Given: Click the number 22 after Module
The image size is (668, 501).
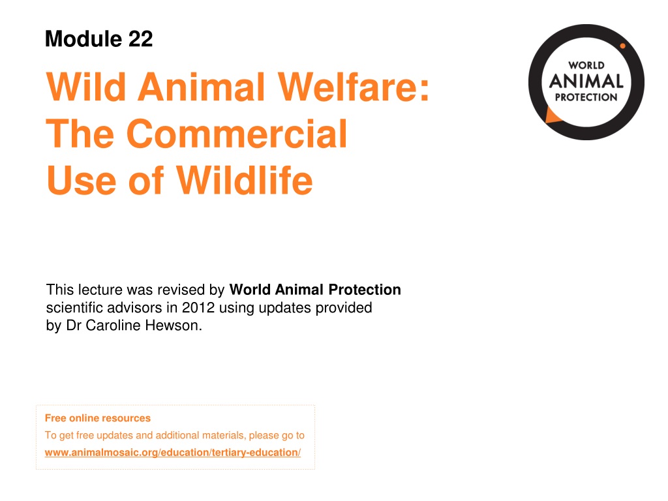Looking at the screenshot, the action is [x=140, y=38].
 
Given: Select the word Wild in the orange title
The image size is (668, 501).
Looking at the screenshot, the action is [x=86, y=87].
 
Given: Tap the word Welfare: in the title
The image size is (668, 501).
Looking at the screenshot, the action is [x=354, y=87].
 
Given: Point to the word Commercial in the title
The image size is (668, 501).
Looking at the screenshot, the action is [x=237, y=134].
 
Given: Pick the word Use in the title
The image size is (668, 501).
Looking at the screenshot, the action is [x=81, y=181].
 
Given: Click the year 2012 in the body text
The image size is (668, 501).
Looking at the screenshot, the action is [x=198, y=308].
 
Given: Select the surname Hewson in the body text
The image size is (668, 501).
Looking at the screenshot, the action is [x=174, y=326].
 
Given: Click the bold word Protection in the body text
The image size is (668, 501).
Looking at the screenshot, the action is [x=365, y=290].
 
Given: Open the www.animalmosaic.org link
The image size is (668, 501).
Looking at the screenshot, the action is [x=172, y=453].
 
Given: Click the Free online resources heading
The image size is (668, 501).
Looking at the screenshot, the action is [x=98, y=418].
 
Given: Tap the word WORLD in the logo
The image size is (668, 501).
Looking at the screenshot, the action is [x=586, y=65].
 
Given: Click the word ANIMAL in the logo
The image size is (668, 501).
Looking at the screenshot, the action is [x=586, y=81].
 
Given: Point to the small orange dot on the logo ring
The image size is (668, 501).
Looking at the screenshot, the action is [x=622, y=46].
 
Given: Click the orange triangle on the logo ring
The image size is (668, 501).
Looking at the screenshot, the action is [x=552, y=116].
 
